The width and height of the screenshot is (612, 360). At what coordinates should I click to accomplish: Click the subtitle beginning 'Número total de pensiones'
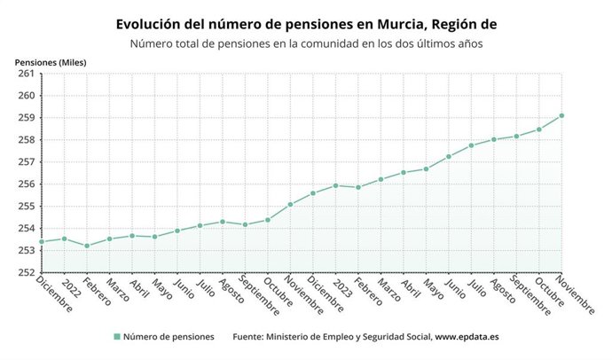pyautogui.click(x=306, y=43)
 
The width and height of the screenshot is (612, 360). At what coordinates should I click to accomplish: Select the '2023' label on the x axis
pyautogui.click(x=343, y=286)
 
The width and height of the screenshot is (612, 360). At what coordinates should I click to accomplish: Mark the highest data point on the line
pyautogui.click(x=562, y=115)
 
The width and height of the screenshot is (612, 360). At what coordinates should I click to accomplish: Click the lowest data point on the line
pyautogui.click(x=87, y=246)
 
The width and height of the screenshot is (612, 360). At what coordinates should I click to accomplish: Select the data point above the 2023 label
pyautogui.click(x=335, y=185)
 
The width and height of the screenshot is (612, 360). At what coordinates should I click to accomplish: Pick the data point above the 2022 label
pyautogui.click(x=64, y=239)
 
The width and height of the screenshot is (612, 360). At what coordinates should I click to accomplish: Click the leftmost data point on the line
pyautogui.click(x=42, y=241)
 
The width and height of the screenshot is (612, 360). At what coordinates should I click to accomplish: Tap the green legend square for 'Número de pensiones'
pyautogui.click(x=116, y=337)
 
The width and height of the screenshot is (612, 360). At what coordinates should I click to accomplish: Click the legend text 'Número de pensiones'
pyautogui.click(x=169, y=337)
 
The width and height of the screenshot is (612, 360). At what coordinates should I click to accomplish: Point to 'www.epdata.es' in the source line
pyautogui.click(x=468, y=337)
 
